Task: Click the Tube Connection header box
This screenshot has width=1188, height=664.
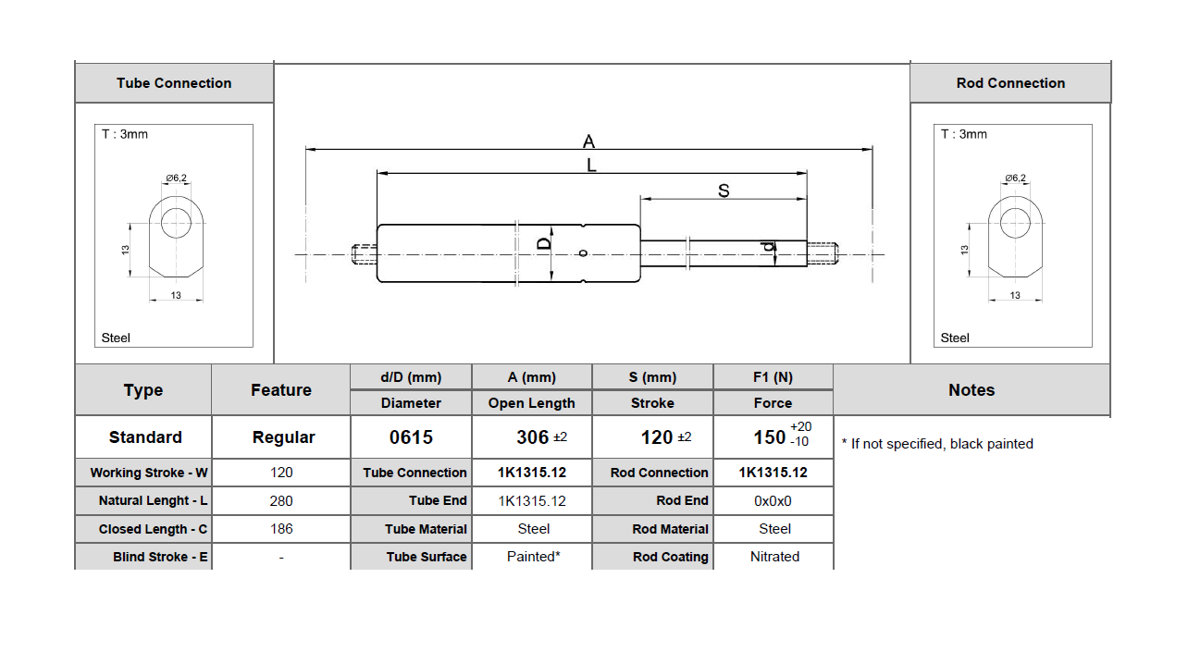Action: point(174,83)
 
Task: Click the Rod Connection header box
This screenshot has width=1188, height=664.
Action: point(1010,83)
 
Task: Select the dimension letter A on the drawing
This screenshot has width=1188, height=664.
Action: point(588,141)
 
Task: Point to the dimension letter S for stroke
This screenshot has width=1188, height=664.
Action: point(724,191)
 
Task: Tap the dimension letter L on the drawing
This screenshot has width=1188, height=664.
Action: point(591,166)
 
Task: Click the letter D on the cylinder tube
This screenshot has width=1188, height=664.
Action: point(545,242)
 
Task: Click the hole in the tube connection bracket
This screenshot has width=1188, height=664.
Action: point(176,222)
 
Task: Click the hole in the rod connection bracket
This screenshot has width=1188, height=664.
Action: point(1015,222)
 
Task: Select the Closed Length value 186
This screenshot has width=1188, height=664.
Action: point(281,529)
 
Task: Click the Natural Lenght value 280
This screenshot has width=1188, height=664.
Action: point(281,500)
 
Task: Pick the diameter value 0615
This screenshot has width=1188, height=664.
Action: point(411,437)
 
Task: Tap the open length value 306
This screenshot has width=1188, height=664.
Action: point(532,437)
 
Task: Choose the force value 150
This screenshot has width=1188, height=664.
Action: point(770,437)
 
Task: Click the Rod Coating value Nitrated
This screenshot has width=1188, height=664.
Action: point(774,557)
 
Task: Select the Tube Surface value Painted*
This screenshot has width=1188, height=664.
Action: point(533,557)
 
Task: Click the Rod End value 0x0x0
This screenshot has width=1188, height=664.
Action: point(773,500)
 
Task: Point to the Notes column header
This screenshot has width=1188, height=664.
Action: point(971,390)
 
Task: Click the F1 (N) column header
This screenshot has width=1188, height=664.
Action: point(773,377)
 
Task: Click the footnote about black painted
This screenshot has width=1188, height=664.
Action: point(936,444)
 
